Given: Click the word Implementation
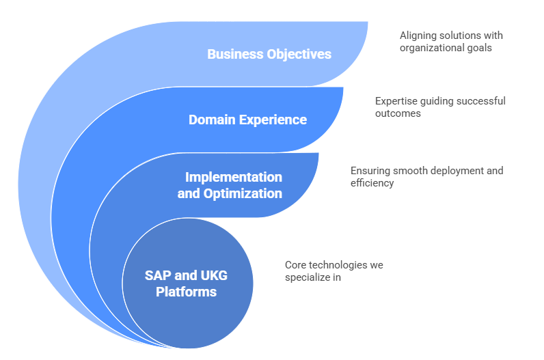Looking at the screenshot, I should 234,178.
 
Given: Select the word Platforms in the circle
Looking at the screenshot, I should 186,292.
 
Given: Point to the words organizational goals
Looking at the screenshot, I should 446,48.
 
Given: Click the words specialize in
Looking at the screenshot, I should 312,277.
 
